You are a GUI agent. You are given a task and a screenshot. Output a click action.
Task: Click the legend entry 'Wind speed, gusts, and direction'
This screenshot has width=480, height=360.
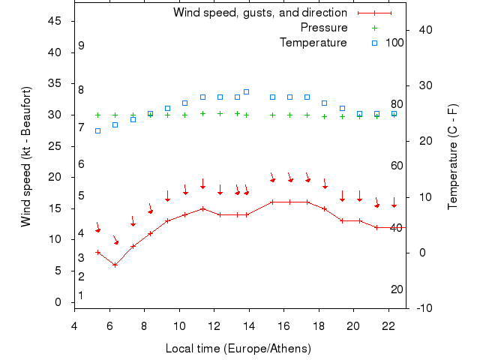click(x=259, y=13)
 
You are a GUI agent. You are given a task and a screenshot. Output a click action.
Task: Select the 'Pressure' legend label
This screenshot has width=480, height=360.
click(x=323, y=28)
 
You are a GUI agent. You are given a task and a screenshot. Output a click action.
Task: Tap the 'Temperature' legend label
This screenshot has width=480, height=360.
click(x=313, y=43)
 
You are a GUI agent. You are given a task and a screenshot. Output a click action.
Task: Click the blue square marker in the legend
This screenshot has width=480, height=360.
click(x=374, y=43)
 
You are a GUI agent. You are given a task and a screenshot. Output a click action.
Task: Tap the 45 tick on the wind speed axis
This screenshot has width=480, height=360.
click(x=55, y=21)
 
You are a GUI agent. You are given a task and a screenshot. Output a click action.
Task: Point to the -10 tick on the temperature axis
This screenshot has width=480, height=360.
click(x=422, y=307)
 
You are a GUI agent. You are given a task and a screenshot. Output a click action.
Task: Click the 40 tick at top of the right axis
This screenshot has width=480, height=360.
click(x=423, y=30)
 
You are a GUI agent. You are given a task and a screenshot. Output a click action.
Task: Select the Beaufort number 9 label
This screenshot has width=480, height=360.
click(x=81, y=46)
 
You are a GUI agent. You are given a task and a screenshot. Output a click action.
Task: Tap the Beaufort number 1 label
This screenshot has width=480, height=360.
click(x=81, y=295)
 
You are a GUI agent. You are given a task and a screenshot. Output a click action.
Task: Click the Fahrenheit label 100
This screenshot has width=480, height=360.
click(x=394, y=43)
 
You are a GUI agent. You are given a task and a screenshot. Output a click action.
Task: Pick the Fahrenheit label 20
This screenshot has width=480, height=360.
click(x=397, y=289)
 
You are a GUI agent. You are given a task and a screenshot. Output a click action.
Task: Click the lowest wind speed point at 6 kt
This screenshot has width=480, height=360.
click(x=115, y=265)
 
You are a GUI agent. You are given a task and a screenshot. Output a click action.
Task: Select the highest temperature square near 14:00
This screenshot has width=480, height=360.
click(x=246, y=91)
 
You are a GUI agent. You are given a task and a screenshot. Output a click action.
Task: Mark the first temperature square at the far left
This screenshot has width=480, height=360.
click(x=97, y=130)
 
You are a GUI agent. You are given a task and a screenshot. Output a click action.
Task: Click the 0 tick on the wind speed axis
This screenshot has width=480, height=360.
click(x=58, y=302)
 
